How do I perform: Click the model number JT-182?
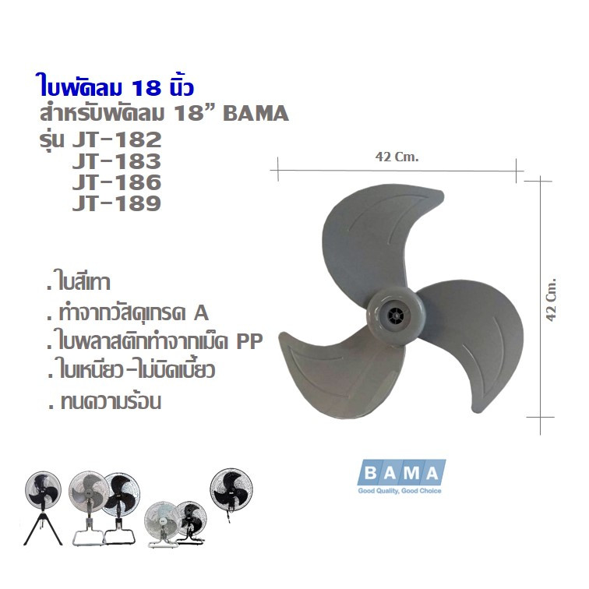click(116, 139)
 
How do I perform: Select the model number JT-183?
click(116, 161)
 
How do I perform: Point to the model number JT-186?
click(116, 182)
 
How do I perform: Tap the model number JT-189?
click(116, 203)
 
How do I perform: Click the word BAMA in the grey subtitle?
click(256, 114)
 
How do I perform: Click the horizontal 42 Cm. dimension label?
click(397, 157)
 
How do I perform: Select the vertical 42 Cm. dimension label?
click(550, 299)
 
